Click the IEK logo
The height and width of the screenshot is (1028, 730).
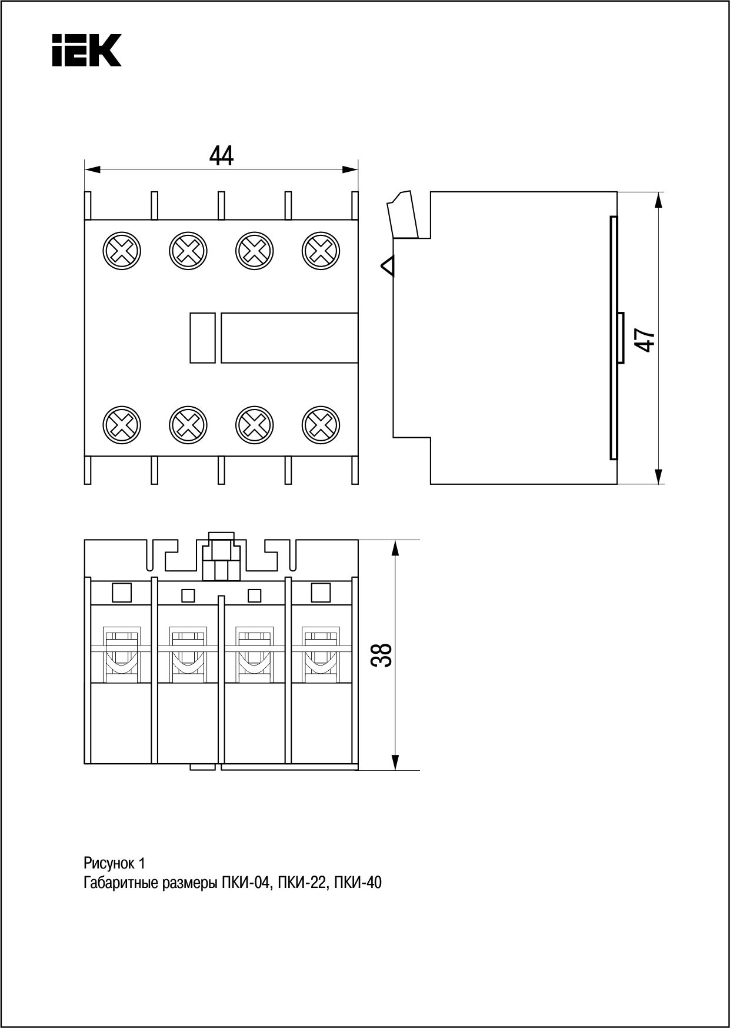86,50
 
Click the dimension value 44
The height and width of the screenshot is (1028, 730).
221,156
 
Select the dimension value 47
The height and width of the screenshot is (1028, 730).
646,340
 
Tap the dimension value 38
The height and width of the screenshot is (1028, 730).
382,654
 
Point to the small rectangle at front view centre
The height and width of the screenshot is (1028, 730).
202,338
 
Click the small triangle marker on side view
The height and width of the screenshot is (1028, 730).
388,267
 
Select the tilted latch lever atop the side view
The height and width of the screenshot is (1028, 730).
403,215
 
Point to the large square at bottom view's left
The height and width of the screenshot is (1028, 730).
122,593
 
